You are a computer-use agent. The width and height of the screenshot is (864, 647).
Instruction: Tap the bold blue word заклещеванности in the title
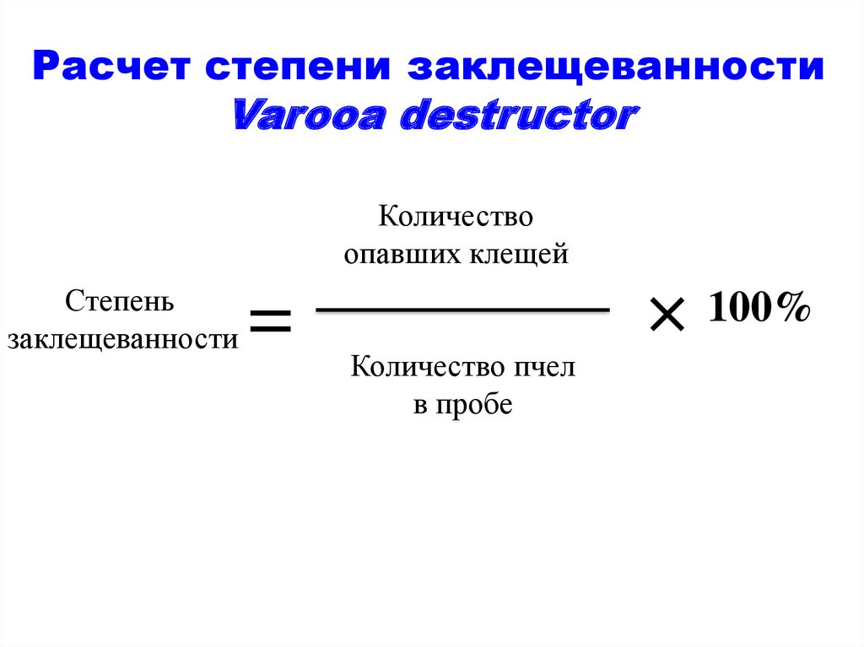pos(616,67)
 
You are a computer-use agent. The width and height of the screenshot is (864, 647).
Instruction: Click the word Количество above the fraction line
pos(456,216)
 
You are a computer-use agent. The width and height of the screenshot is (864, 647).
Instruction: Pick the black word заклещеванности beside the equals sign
pos(122,339)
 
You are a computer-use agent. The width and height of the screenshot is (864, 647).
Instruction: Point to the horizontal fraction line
pos(462,311)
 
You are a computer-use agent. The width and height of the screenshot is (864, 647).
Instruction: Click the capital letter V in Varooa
pos(246,116)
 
